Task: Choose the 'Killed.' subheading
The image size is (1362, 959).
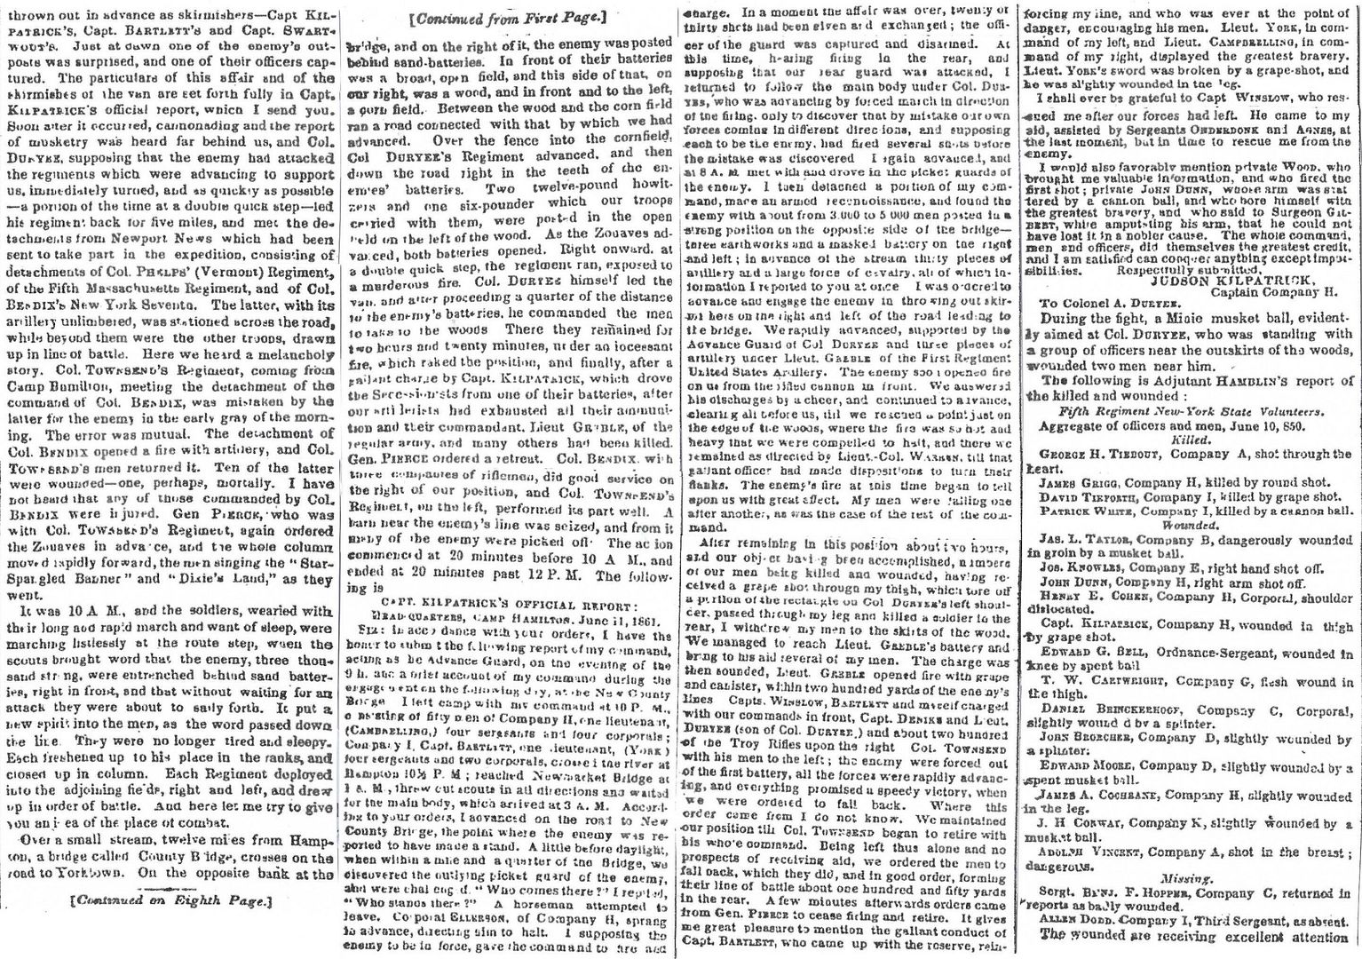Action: [x=1189, y=439]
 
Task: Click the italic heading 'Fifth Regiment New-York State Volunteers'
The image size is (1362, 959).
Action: [x=1189, y=411]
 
